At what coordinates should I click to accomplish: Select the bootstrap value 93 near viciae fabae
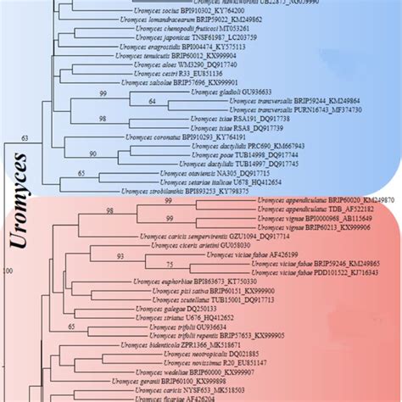point(122,255)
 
